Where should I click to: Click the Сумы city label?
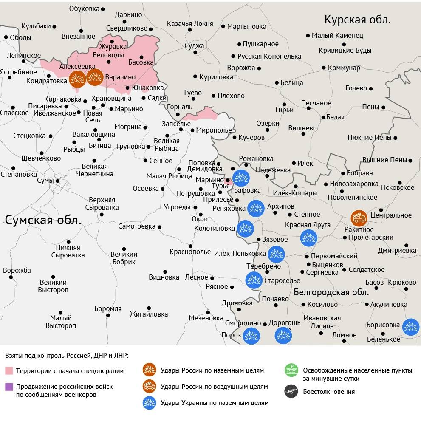[x=45, y=181]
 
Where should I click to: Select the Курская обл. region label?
[x=357, y=20]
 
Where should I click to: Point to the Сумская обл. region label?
[x=43, y=220]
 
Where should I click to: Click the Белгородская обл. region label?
[x=331, y=292]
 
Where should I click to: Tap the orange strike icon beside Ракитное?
[x=359, y=218]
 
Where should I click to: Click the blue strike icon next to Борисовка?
[x=411, y=327]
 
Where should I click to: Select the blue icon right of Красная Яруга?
[x=309, y=238]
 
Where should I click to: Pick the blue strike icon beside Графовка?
[x=241, y=178]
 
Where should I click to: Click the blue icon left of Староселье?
[x=254, y=280]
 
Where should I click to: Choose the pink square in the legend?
[x=9, y=371]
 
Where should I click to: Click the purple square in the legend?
[x=9, y=387]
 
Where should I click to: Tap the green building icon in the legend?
[x=291, y=370]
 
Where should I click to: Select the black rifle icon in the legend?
[x=291, y=391]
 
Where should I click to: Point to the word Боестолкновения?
[x=328, y=392]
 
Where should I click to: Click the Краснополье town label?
[x=190, y=252]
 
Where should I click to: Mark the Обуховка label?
[x=84, y=8]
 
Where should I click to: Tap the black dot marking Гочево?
[x=371, y=88]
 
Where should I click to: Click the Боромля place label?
[x=108, y=309]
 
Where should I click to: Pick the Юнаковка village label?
[x=147, y=88]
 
